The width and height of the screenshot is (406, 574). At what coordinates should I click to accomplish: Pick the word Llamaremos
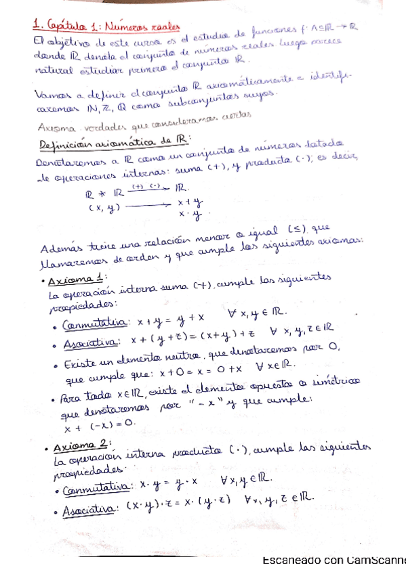tap(68, 263)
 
